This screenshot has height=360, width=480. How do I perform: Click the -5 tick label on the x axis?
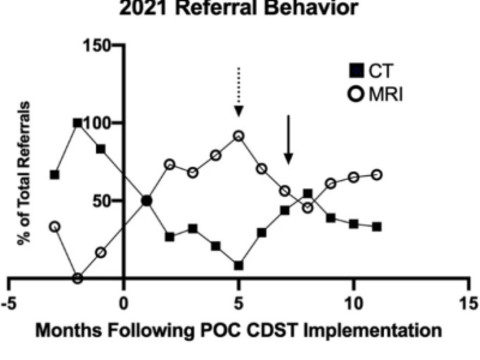coord(7,300)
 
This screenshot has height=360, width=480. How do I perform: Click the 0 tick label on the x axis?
coord(123,300)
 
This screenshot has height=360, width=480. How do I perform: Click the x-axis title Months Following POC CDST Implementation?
coord(240,329)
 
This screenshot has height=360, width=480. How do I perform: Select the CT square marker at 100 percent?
coord(77,123)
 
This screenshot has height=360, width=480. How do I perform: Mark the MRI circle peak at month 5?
coord(238,136)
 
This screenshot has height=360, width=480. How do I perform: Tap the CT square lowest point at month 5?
coord(238,265)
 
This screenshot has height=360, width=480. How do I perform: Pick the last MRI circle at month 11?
coord(376,174)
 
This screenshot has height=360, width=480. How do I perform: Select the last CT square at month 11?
coord(376,226)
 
